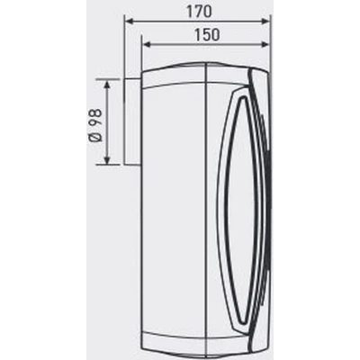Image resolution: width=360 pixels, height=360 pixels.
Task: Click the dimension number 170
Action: pyautogui.click(x=199, y=12)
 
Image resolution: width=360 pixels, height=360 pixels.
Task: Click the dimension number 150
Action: pyautogui.click(x=207, y=35)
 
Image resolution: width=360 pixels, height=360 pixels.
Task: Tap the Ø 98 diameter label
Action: pyautogui.click(x=96, y=125)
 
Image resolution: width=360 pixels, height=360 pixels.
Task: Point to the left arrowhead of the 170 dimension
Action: pyautogui.click(x=129, y=21)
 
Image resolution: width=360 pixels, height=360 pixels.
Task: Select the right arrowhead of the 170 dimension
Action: pyautogui.click(x=265, y=21)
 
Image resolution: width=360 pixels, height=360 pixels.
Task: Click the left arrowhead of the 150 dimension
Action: pyautogui.click(x=146, y=45)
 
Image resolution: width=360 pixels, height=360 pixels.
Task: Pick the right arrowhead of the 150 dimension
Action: pyautogui.click(x=265, y=45)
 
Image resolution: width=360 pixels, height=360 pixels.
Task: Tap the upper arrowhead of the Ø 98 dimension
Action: pyautogui.click(x=107, y=84)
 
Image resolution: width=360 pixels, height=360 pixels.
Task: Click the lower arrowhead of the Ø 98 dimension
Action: pyautogui.click(x=107, y=160)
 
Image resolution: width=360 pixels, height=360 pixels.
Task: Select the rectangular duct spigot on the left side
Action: pyautogui.click(x=132, y=121)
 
